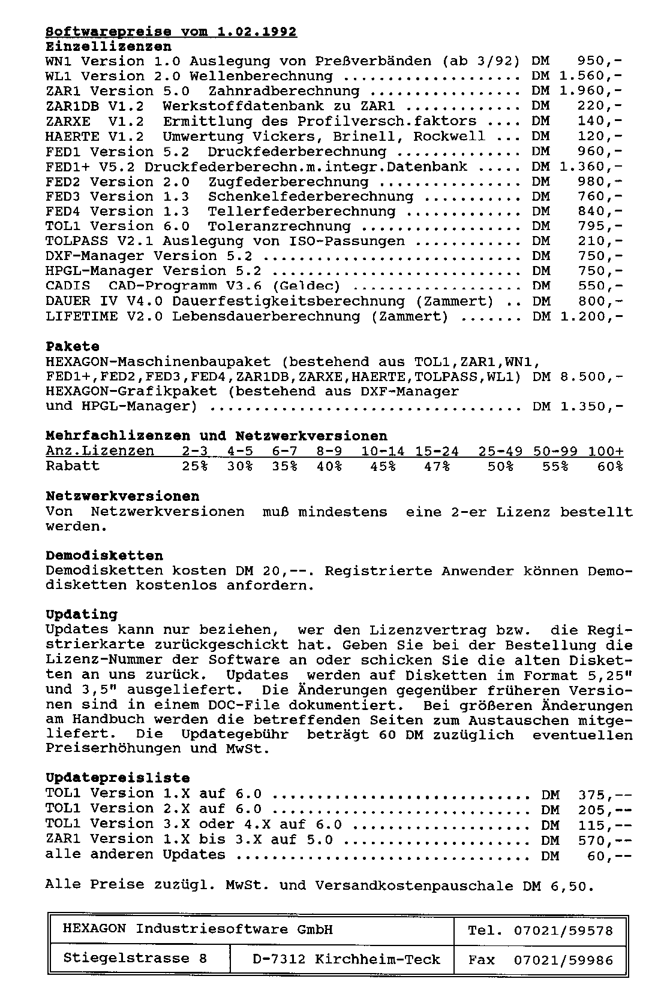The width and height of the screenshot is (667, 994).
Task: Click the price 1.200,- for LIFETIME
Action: point(591,316)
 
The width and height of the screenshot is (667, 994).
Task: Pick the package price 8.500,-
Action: point(591,376)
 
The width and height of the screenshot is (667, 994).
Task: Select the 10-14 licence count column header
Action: point(383,451)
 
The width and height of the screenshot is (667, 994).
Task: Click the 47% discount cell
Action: point(437,466)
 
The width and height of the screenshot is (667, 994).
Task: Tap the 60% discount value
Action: point(610,466)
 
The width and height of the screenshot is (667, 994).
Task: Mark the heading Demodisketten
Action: point(104,555)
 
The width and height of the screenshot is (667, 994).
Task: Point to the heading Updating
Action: point(82,614)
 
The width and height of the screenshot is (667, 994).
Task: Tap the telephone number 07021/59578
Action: point(563,930)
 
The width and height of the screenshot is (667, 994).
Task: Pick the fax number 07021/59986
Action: point(563,960)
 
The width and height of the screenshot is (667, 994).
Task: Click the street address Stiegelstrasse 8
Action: point(135,959)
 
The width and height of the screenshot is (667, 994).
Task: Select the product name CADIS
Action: point(68,286)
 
